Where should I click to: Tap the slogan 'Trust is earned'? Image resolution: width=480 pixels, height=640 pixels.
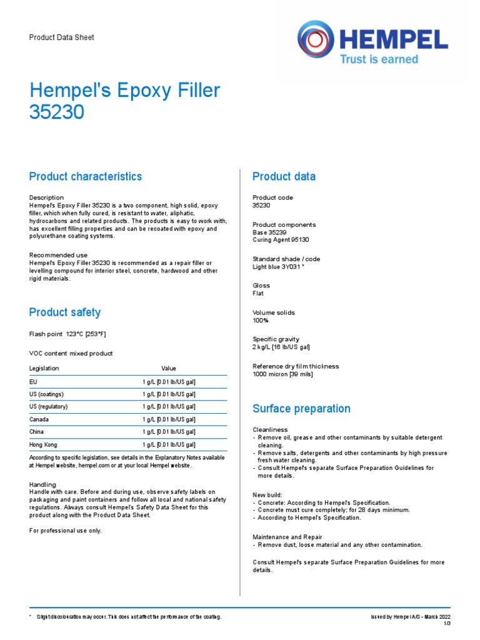378,60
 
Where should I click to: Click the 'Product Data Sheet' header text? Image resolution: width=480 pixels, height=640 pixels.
62,37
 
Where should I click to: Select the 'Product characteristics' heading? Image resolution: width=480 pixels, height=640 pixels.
86,177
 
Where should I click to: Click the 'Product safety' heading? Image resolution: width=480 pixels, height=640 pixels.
65,312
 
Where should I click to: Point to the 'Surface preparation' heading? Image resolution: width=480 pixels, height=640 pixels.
301,409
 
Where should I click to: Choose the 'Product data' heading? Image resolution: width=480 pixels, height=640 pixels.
284,177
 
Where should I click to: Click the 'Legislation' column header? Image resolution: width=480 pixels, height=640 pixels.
44,369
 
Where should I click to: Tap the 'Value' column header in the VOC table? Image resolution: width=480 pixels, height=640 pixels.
169,369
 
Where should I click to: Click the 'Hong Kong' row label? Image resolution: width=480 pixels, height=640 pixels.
43,444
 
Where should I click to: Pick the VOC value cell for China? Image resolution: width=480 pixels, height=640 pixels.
169,432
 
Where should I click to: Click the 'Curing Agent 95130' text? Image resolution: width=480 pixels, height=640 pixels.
281,240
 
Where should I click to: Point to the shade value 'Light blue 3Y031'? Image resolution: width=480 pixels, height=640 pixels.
278,267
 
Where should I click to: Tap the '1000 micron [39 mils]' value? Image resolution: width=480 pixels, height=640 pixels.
282,374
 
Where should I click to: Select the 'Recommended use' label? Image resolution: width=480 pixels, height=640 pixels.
59,255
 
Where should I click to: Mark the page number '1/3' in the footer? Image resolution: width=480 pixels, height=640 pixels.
447,624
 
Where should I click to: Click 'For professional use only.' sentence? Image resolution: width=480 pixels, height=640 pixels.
66,531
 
